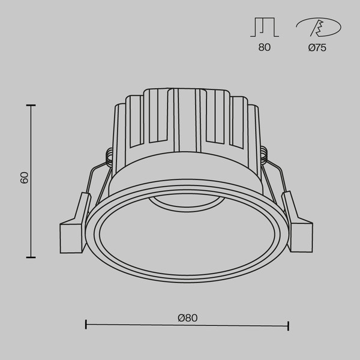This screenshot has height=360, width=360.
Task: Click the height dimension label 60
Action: click(24, 178)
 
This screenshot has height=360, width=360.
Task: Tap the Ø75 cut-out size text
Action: click(317, 48)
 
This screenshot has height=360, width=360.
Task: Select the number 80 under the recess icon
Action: click(264, 48)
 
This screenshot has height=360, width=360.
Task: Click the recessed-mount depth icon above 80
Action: click(264, 28)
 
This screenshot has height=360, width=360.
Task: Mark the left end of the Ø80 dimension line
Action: click(86, 325)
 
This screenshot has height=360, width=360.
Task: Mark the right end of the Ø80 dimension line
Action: click(289, 325)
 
